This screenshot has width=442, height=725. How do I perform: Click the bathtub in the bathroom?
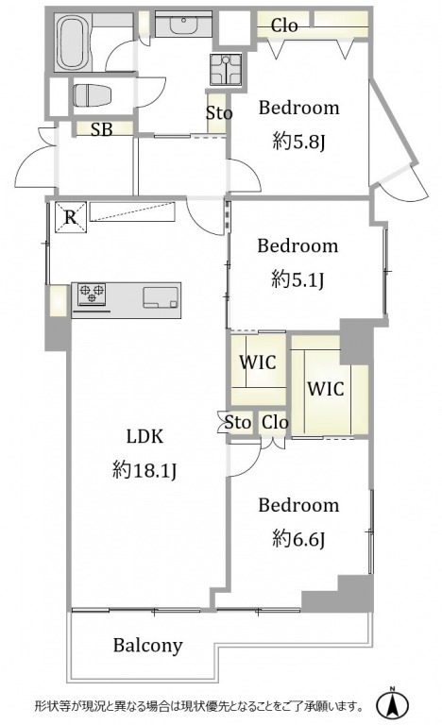(x=72, y=42)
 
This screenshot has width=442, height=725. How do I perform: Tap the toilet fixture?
(x=93, y=95)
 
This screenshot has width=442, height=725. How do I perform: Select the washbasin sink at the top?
(x=184, y=25)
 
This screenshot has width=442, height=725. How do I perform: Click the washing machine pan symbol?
(x=225, y=69)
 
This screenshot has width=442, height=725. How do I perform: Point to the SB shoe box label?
(x=102, y=129)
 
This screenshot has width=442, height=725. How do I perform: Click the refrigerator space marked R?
(x=70, y=217)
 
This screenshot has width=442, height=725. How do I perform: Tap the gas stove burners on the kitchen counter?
(x=92, y=295)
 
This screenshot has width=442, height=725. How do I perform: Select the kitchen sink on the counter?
(x=161, y=297)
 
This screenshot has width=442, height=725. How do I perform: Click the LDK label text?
(x=144, y=437)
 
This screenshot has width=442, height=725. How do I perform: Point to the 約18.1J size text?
(x=144, y=471)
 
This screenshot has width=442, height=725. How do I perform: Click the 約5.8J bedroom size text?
(x=299, y=141)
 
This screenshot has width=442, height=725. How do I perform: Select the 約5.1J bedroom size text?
(x=297, y=278)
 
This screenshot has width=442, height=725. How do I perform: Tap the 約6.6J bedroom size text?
(x=298, y=538)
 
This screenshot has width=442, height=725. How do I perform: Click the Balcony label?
(x=148, y=645)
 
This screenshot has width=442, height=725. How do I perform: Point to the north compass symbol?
(x=392, y=704)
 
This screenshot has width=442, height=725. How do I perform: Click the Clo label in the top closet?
(x=284, y=25)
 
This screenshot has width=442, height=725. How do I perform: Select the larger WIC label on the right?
(x=326, y=389)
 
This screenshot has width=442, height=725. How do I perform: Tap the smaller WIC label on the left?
(x=258, y=362)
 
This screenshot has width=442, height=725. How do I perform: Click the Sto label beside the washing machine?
(x=219, y=113)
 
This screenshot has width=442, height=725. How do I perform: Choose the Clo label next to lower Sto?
(x=275, y=422)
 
